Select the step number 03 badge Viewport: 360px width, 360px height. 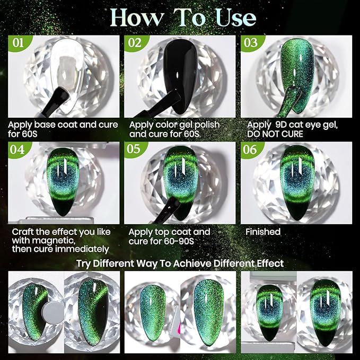[251, 43]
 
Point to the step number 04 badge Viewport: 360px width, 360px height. [17, 150]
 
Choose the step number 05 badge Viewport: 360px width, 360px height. [134, 149]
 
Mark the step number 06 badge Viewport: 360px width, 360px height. [250, 150]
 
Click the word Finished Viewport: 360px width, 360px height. [263, 232]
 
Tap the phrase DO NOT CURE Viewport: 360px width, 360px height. [275, 134]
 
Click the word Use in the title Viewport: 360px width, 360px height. [236, 17]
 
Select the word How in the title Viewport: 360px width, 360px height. [137, 17]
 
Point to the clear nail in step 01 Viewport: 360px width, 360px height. [67, 75]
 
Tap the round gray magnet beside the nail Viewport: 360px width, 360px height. [54, 313]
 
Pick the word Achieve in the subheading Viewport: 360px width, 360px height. [192, 264]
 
